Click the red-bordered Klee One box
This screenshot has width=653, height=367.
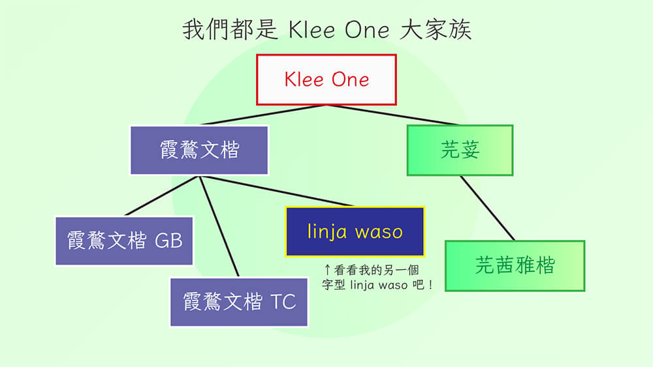tap(326, 80)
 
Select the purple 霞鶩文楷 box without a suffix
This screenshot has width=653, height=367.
tap(199, 150)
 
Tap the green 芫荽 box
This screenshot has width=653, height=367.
tap(460, 150)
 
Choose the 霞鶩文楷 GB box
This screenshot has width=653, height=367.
tap(124, 241)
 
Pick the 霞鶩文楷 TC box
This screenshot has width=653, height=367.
tap(239, 302)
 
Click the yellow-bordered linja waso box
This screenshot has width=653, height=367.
tap(355, 231)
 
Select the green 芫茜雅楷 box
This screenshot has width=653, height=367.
tap(515, 265)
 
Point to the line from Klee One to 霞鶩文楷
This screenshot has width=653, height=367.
tap(263, 115)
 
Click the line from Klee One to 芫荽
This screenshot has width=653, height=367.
tap(392, 115)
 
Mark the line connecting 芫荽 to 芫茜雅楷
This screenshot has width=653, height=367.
tap(487, 208)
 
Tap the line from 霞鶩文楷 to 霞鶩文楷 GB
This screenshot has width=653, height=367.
tap(163, 196)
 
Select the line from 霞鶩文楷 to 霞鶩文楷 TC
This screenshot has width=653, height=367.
tap(219, 226)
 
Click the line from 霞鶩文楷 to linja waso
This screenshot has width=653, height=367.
tap(277, 191)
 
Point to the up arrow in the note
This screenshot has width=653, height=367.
tap(327, 270)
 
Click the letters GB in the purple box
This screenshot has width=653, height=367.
tap(168, 241)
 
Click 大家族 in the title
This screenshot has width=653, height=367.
tap(435, 29)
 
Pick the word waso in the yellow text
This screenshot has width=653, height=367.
tap(379, 232)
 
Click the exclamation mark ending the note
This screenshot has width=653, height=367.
tap(430, 285)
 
